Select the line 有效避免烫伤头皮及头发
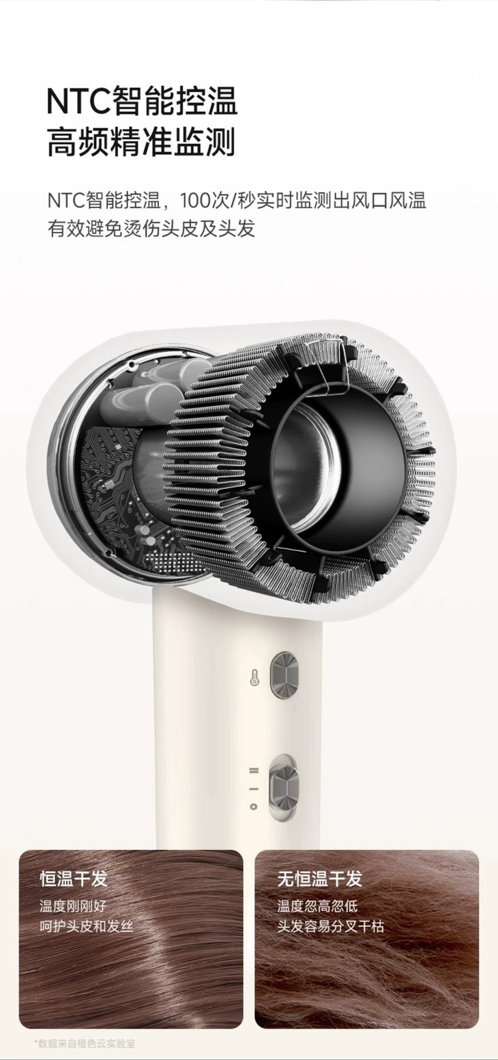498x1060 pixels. [x=151, y=229]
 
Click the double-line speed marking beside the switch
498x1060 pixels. [x=254, y=770]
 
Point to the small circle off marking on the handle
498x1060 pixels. [x=254, y=806]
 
